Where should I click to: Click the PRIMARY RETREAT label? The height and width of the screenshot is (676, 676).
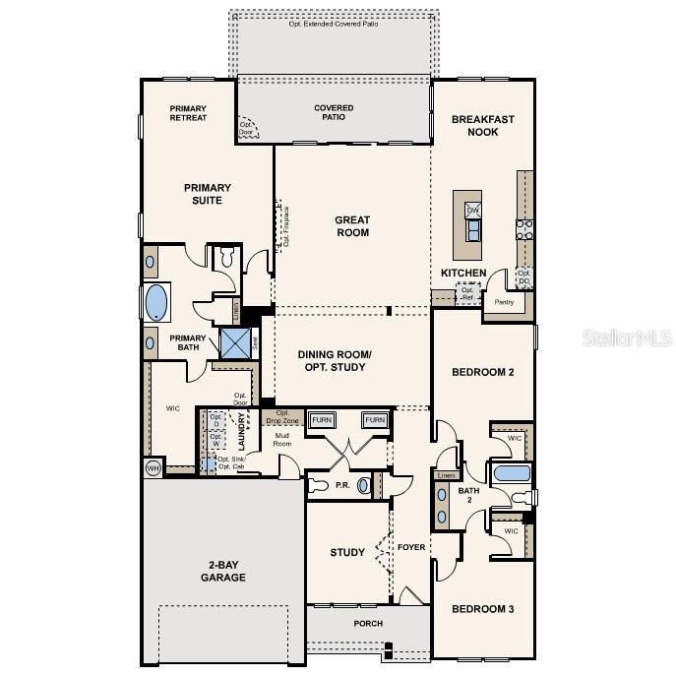point(188,113)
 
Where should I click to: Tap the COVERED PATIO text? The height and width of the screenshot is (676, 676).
point(334,113)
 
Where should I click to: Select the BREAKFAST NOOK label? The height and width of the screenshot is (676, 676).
point(482,125)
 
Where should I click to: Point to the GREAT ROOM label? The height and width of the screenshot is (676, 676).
point(351,226)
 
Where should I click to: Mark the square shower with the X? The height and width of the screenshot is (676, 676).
point(235,343)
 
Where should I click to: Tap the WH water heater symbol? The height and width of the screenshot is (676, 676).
point(153,467)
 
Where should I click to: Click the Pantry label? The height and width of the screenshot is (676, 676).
point(504,302)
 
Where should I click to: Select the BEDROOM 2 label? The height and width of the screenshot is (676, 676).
point(482,372)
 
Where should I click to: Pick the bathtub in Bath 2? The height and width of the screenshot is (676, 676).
point(512,473)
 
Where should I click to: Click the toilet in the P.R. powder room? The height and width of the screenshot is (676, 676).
point(318,485)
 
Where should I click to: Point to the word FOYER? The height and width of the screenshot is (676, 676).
point(411,547)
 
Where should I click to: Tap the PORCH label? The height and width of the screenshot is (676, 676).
point(368,624)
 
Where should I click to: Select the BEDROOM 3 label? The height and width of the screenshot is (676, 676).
point(482,609)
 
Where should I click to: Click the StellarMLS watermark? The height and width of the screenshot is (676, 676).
point(627,338)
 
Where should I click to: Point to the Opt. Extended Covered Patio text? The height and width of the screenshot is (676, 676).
point(334,24)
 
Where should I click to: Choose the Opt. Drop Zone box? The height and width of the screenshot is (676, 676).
point(282,416)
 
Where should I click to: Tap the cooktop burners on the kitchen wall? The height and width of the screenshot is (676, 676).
point(525,229)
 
